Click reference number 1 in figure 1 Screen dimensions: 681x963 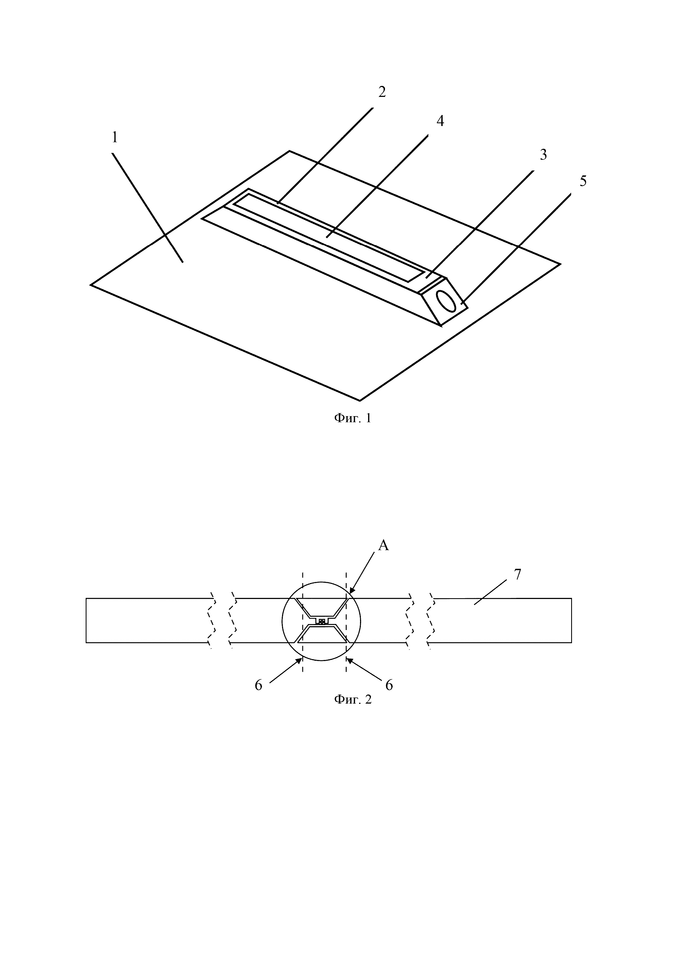[x=115, y=138]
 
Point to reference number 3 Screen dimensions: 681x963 [x=543, y=155]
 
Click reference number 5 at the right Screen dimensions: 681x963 [x=583, y=181]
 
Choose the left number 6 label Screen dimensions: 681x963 [x=258, y=685]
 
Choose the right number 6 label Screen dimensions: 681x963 [x=389, y=685]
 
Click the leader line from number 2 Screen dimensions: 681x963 [x=325, y=155]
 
